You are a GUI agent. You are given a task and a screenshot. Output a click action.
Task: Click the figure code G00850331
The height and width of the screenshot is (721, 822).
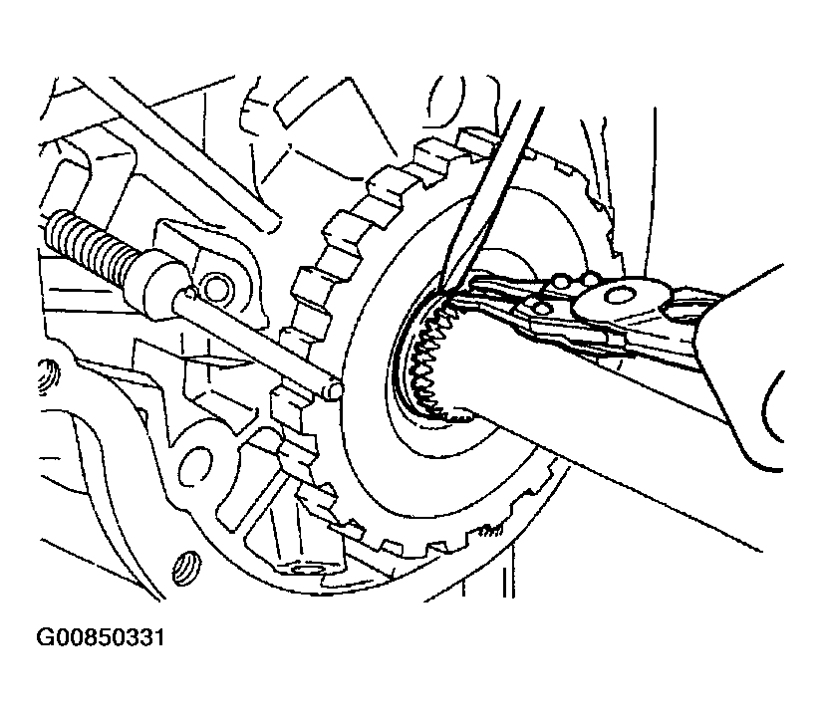tap(100, 637)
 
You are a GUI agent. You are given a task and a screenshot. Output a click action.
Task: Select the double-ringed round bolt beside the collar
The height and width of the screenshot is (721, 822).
tap(217, 287)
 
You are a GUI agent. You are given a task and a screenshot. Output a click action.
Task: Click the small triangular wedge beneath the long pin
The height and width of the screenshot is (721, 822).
tap(214, 360)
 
